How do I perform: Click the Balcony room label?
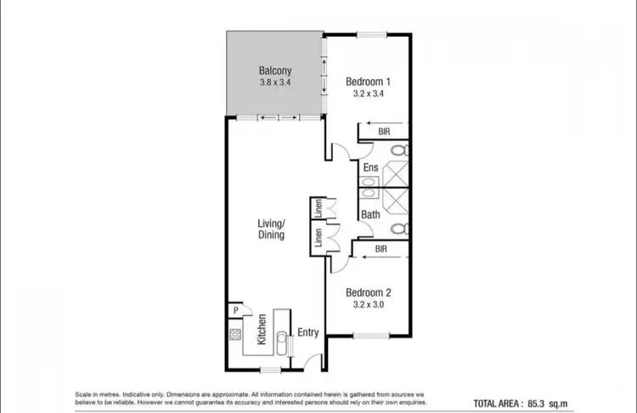(274, 71)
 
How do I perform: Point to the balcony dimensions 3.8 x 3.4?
(274, 83)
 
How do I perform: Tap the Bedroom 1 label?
(368, 82)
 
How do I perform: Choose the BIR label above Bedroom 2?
(381, 250)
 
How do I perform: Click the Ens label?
(370, 168)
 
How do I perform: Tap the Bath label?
(370, 215)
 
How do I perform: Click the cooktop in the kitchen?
(235, 334)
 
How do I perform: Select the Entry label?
(308, 332)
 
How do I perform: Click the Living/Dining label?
(272, 229)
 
